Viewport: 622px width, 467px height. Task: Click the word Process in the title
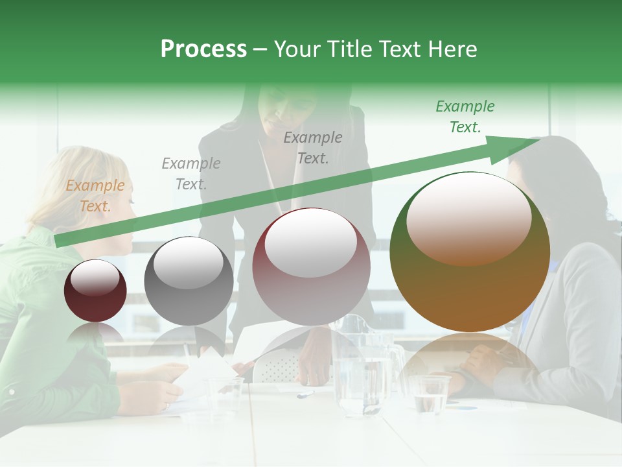click(203, 49)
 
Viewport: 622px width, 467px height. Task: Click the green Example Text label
click(465, 117)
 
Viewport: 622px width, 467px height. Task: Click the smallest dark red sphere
click(95, 291)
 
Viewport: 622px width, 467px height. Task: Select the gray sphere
click(189, 281)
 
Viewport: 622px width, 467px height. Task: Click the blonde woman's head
click(97, 188)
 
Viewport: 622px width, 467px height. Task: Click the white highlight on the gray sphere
click(189, 263)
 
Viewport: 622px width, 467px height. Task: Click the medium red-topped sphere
click(311, 267)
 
